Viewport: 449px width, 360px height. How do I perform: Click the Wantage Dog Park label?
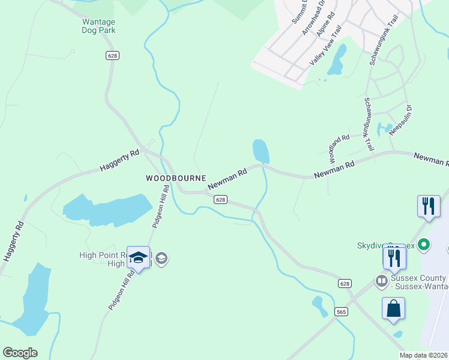pyautogui.click(x=98, y=26)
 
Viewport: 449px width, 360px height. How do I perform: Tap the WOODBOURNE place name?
pyautogui.click(x=176, y=178)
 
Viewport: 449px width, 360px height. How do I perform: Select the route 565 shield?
pyautogui.click(x=341, y=311)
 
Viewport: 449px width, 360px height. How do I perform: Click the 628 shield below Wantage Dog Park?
pyautogui.click(x=112, y=55)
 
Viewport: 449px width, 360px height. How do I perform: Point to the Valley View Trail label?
pyautogui.click(x=325, y=46)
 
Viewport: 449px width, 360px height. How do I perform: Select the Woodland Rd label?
pyautogui.click(x=339, y=149)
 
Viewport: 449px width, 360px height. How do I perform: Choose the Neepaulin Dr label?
pyautogui.click(x=400, y=120)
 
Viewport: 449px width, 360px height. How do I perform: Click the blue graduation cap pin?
pyautogui.click(x=139, y=258)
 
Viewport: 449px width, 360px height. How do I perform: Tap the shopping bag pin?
pyautogui.click(x=393, y=308)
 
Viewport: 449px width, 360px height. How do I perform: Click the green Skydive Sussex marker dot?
pyautogui.click(x=424, y=244)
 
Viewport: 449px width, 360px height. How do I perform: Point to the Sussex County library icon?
pyautogui.click(x=381, y=280)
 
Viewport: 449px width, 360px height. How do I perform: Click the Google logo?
pyautogui.click(x=20, y=353)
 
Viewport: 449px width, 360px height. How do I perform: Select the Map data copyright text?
pyautogui.click(x=424, y=355)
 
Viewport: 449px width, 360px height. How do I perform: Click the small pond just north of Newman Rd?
pyautogui.click(x=261, y=151)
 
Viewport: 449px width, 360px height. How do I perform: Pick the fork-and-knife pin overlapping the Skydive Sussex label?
pyautogui.click(x=394, y=257)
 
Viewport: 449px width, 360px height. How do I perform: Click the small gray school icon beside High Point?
pyautogui.click(x=161, y=259)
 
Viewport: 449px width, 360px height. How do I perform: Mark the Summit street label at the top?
pyautogui.click(x=299, y=12)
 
